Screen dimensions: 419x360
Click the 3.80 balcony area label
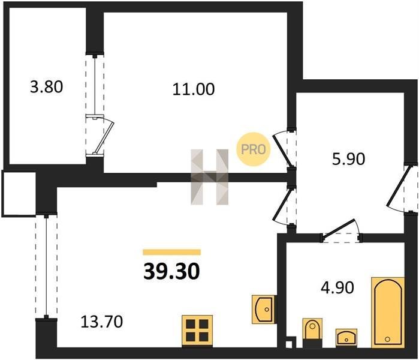47,87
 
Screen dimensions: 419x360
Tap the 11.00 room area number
194,89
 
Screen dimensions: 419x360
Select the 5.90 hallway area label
348,159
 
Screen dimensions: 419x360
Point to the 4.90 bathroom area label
337,287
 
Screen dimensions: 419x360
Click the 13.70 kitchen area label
101,322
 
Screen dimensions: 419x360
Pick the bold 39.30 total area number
171,271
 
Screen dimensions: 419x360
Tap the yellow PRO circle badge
254,149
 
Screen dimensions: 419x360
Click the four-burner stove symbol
197,331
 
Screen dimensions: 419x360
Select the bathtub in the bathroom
387,313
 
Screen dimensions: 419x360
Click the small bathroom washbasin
346,338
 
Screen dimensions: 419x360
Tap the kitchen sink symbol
264,309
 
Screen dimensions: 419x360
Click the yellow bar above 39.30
172,252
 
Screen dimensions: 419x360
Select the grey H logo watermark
210,177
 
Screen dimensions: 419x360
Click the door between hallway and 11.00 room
284,150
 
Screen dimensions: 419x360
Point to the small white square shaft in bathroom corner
288,344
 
